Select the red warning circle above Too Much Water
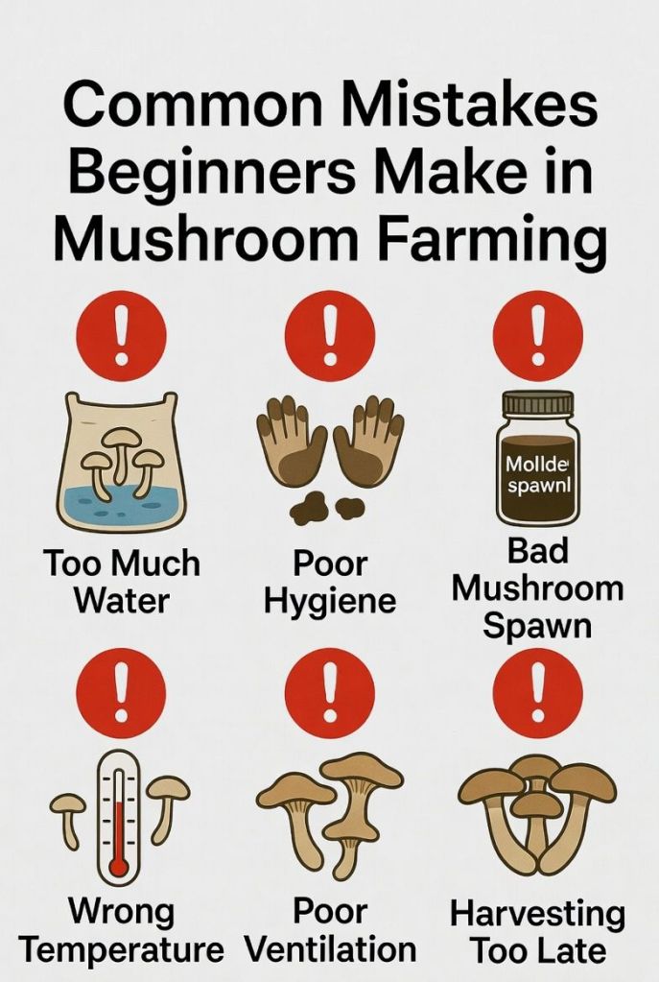121,335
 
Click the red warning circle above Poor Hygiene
330,335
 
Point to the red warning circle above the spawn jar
537,335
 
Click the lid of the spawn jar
537,402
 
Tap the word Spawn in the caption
537,626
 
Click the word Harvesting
537,914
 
